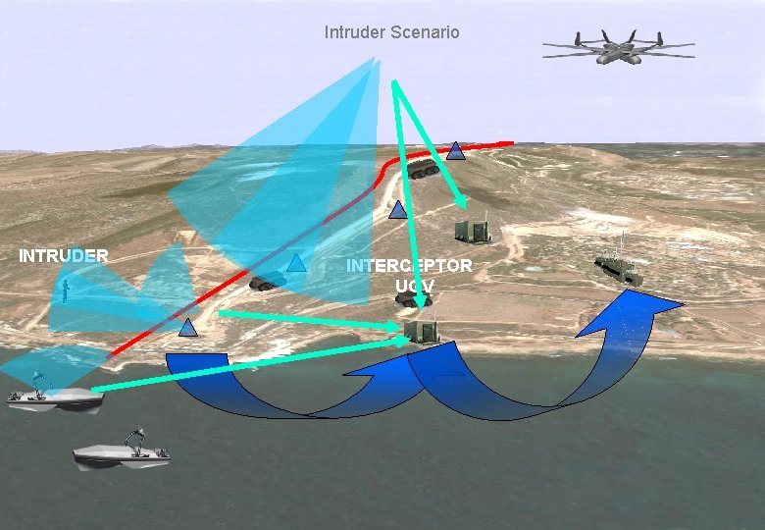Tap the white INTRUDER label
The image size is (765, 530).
tap(64, 256)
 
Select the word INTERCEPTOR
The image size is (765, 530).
tap(409, 266)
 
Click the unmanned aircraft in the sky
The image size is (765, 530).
tap(618, 48)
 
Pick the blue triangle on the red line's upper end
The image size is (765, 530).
tap(455, 151)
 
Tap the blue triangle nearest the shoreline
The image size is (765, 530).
tap(188, 328)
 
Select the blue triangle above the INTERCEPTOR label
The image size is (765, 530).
tap(397, 209)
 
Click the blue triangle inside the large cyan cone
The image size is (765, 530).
tap(296, 262)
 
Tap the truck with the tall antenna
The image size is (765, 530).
tap(619, 268)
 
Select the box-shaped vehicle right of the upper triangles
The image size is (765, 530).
tap(473, 231)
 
